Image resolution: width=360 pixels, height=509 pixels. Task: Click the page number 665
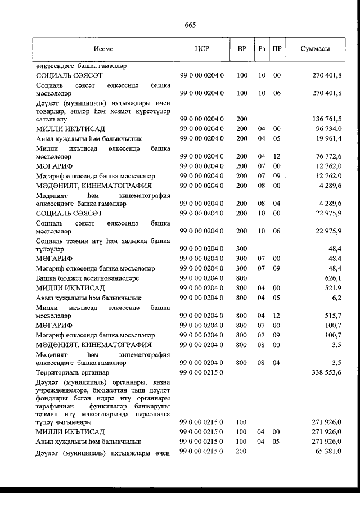click(189, 25)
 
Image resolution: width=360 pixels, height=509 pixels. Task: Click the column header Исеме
click(103, 49)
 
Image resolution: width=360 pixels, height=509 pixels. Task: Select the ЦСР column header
click(201, 49)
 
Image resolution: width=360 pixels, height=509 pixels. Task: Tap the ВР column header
click(242, 49)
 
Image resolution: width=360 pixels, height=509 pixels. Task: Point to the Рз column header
click(262, 49)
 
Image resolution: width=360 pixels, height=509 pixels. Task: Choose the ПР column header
click(277, 49)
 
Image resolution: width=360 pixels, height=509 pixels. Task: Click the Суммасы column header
click(315, 49)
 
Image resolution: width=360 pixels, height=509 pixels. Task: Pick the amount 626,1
click(334, 278)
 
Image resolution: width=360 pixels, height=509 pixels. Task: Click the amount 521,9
click(334, 287)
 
